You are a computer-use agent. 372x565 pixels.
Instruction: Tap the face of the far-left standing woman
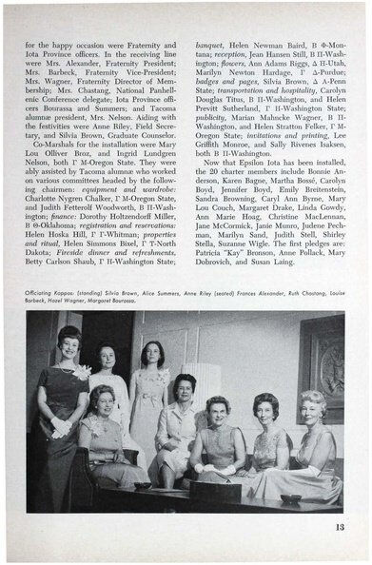coord(69,341)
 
